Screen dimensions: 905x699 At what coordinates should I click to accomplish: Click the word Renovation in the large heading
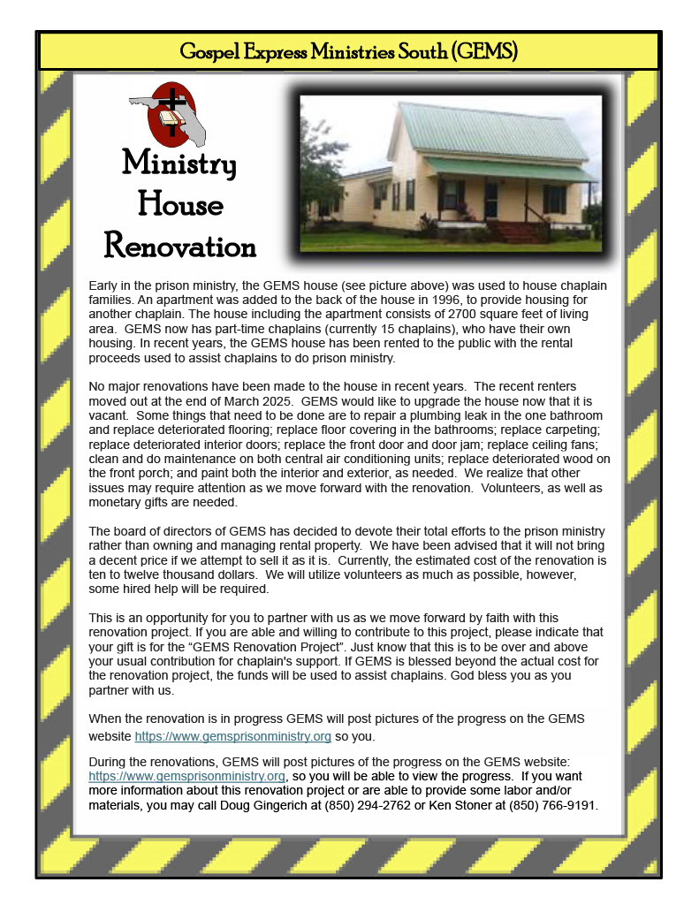(180, 245)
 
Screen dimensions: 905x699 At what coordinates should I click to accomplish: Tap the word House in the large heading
(180, 204)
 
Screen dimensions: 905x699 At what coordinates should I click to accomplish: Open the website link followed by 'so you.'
(233, 735)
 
